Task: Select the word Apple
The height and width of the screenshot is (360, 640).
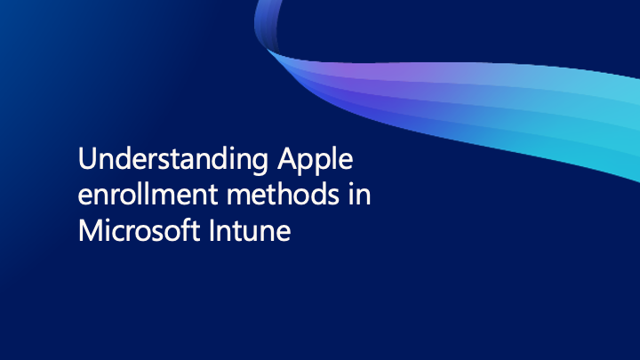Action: coord(315,162)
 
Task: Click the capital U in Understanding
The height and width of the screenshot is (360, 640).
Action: coord(86,161)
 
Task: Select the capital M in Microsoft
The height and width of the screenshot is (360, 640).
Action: coord(89,230)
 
